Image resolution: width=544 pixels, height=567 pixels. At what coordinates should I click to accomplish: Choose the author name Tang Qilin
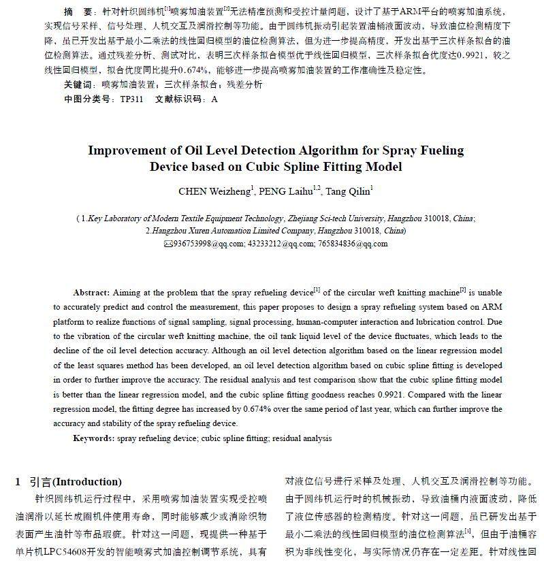(x=347, y=192)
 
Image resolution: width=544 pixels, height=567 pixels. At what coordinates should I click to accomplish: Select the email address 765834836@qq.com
(x=353, y=244)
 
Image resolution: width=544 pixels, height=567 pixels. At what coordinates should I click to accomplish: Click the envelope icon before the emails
(x=169, y=244)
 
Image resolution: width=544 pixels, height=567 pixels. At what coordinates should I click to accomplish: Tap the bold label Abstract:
(x=91, y=292)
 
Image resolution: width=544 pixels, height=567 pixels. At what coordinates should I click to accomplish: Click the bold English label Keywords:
(x=94, y=439)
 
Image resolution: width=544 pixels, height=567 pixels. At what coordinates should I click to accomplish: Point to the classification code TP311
(x=131, y=99)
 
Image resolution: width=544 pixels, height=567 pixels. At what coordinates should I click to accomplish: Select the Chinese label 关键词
(x=77, y=85)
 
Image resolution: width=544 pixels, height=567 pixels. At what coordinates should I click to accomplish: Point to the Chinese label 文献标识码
(x=180, y=99)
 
